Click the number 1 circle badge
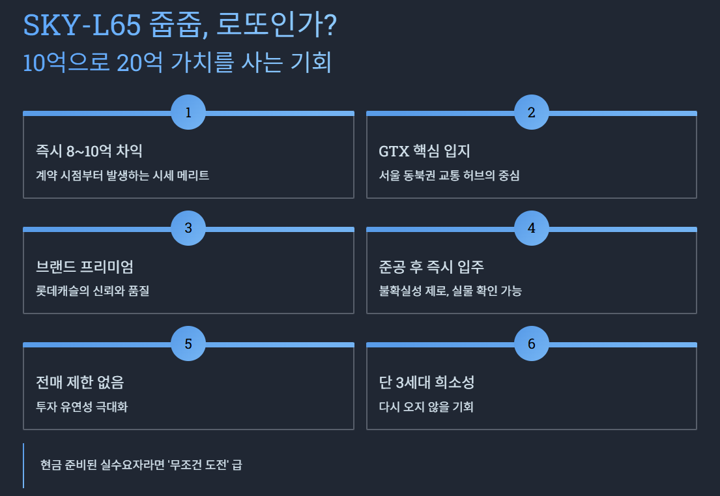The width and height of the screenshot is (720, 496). point(188,113)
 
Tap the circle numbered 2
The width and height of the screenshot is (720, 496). point(531,113)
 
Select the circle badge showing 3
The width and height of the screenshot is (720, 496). point(188,228)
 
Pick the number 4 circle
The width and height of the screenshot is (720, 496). point(531,228)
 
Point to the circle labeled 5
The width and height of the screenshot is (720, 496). point(188,343)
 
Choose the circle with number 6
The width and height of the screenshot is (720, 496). point(531,343)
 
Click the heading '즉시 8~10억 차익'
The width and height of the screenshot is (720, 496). point(89,151)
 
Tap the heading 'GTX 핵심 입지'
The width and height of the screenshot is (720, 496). point(424,151)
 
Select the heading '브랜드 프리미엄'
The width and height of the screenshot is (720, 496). point(89,267)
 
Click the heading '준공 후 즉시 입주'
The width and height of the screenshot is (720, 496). point(431,267)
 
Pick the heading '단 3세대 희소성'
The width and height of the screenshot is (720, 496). point(431,382)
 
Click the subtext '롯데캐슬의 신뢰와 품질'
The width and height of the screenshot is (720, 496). point(93,291)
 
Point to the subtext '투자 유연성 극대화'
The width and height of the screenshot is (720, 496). point(82,407)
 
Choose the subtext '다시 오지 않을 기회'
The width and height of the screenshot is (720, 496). point(426,407)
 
